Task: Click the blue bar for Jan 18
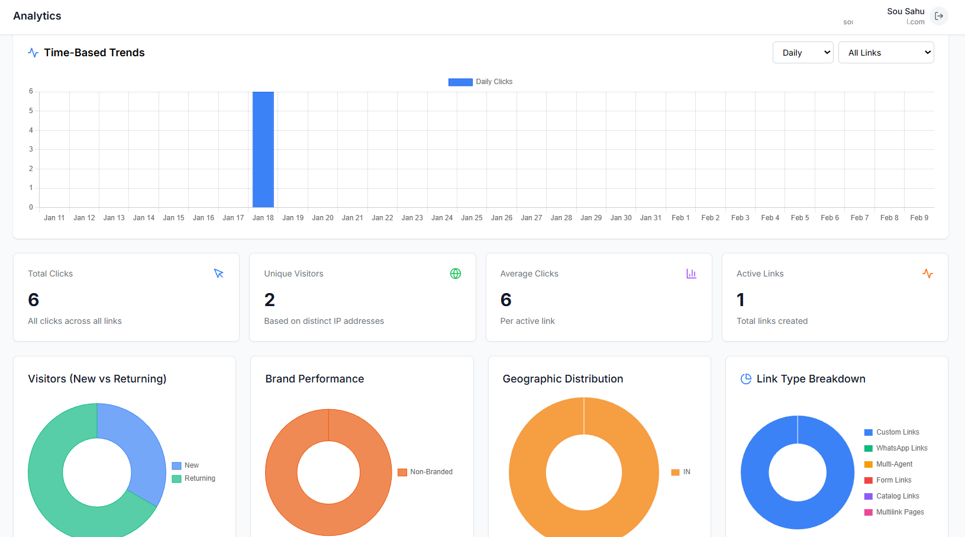(263, 149)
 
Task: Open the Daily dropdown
(802, 53)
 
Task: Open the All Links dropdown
(886, 53)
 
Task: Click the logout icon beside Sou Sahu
(939, 16)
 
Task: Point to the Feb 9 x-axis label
(919, 218)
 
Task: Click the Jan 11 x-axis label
(54, 218)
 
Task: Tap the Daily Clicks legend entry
(480, 82)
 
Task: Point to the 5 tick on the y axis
(31, 111)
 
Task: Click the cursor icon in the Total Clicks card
(219, 274)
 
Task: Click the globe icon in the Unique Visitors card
(456, 274)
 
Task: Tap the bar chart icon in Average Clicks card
(691, 274)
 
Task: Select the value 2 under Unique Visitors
(270, 300)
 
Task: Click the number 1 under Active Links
(740, 300)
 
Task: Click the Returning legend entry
(194, 478)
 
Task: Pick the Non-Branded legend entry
(425, 472)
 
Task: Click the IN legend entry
(681, 472)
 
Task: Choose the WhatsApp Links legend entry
(896, 448)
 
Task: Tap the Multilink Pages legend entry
(894, 512)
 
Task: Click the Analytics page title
(37, 16)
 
